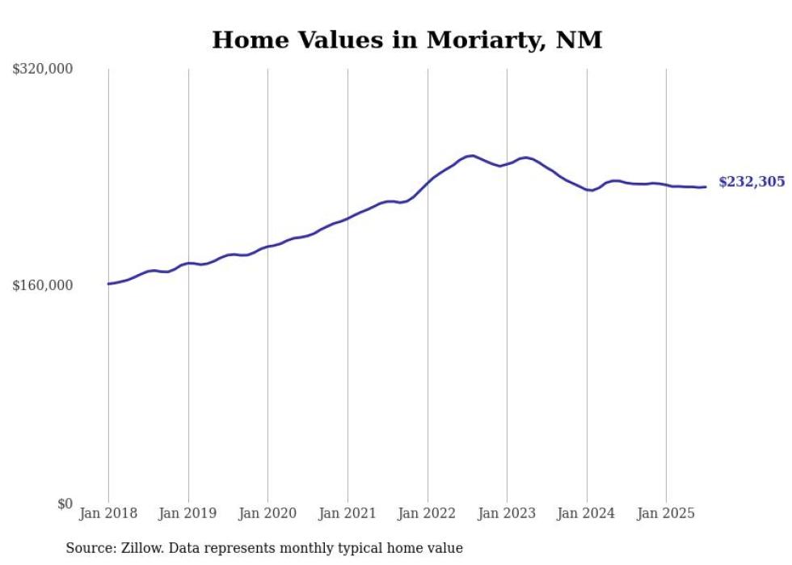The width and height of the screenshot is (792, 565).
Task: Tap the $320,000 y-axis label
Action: coord(43,69)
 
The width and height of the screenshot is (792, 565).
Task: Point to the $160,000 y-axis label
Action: coord(43,285)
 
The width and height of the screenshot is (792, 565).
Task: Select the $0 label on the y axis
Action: coord(65,504)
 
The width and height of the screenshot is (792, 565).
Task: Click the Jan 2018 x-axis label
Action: coord(108,513)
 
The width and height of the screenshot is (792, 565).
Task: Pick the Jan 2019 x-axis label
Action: coord(188,513)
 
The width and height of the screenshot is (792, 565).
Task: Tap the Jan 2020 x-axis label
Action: coord(268,513)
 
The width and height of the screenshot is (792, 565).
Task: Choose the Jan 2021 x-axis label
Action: coord(348,513)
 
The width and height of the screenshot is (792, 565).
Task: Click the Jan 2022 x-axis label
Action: coord(428,513)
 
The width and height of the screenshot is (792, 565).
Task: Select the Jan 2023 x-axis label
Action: coord(507,513)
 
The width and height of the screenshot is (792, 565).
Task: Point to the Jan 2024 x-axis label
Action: coord(587,513)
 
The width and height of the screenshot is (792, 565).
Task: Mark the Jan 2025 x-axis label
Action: coord(666,513)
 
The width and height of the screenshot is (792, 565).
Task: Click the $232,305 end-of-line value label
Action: coord(752,182)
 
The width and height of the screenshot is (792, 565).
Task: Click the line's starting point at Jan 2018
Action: coord(108,284)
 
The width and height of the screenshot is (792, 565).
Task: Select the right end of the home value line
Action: coord(706,187)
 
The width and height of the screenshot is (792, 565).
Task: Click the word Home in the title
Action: coord(243,40)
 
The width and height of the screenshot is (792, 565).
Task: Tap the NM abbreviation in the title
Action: coord(580,40)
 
